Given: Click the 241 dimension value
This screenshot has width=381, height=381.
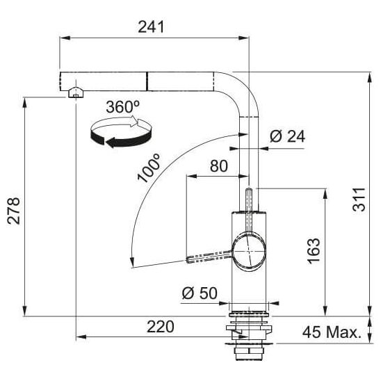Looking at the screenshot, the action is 151,26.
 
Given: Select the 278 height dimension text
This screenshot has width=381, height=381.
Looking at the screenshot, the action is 14,211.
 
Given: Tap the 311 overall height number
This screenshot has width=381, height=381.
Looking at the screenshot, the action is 359,200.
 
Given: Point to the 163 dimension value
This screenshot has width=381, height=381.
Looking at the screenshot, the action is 314,251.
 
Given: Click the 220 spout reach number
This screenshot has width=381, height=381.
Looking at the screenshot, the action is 161,327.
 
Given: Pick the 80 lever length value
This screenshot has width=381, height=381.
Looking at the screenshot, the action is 219,166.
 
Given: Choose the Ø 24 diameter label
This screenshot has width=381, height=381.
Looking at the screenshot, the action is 287,136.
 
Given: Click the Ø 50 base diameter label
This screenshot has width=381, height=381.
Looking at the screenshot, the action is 200,293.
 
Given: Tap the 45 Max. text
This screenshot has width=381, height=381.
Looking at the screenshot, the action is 332,332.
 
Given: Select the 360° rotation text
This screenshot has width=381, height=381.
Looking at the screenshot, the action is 123,107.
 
